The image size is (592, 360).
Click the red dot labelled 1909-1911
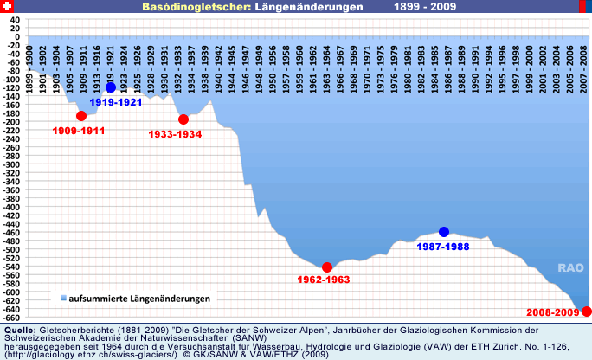(81, 116)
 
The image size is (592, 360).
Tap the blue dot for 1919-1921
(111, 87)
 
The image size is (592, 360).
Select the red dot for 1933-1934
(183, 119)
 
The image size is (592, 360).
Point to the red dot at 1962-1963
(327, 267)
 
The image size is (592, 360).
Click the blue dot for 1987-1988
(444, 232)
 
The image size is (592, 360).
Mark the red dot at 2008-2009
(586, 312)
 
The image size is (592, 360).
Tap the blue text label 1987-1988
(444, 247)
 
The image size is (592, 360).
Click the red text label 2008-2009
(554, 312)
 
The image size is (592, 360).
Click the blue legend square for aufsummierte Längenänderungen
(63, 299)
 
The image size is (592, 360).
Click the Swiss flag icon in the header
(7, 7)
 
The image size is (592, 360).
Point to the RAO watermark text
(569, 267)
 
